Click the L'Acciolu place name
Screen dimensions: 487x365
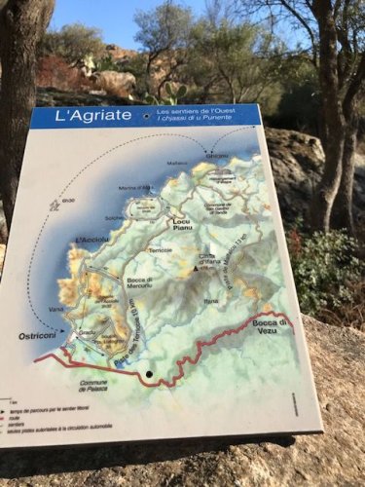pos(92,240)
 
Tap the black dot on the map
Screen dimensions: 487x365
pos(149,373)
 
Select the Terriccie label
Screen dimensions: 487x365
pos(160,250)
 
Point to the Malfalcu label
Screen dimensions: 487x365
pos(176,163)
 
